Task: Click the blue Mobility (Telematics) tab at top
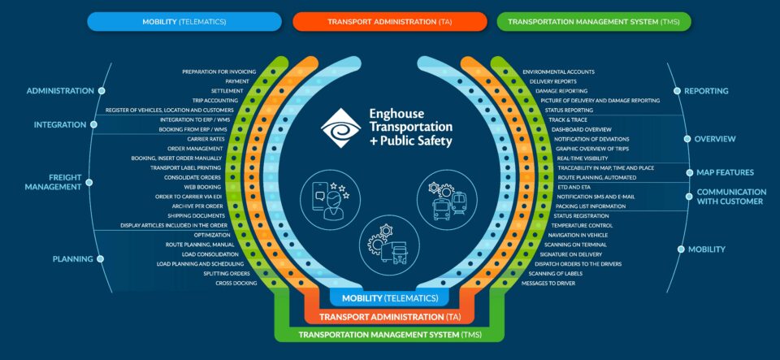point(184,21)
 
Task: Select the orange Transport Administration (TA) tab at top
point(389,21)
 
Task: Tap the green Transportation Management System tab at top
point(594,21)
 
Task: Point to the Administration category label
point(60,91)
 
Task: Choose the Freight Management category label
point(54,181)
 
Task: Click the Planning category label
point(73,258)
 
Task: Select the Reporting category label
point(707,91)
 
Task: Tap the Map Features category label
point(725,172)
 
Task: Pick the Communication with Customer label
point(730,196)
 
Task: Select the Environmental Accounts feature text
point(558,72)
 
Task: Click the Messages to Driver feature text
point(548,283)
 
